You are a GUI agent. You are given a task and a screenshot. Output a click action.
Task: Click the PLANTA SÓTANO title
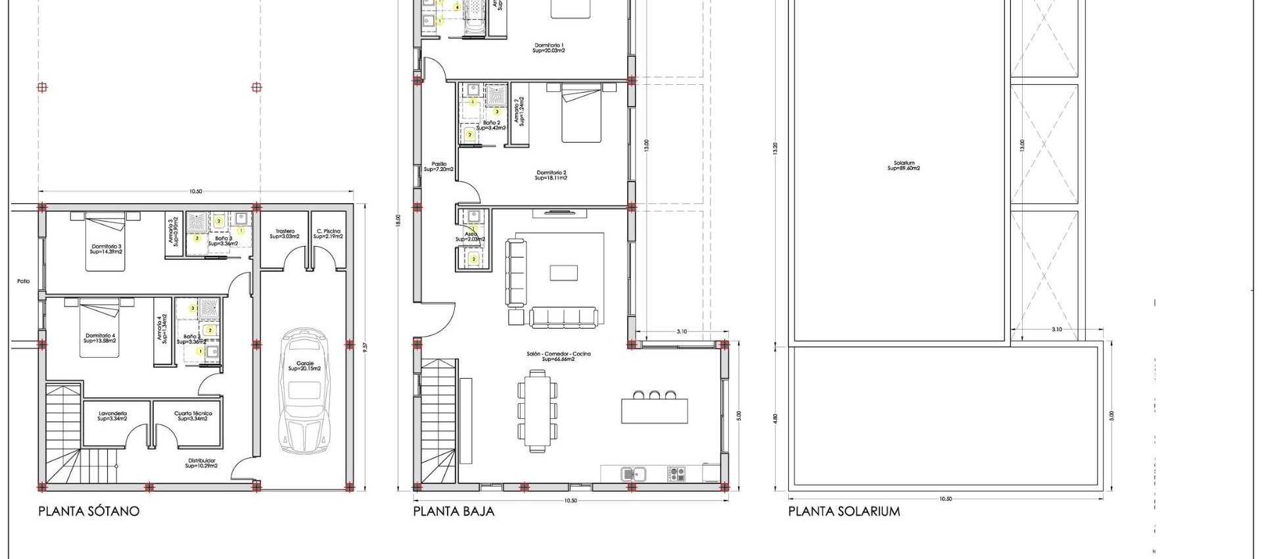[89, 512]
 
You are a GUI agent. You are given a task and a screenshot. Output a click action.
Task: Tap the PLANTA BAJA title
[454, 512]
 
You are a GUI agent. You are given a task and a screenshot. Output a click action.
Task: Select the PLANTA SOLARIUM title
[844, 512]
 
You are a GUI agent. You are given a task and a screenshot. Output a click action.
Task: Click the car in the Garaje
[304, 392]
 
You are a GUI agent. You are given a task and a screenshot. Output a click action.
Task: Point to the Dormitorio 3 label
[106, 249]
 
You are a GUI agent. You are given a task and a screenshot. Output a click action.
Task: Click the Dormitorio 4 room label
[100, 338]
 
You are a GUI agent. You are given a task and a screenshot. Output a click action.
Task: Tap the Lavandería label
[112, 416]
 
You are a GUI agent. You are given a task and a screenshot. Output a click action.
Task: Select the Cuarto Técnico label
[193, 416]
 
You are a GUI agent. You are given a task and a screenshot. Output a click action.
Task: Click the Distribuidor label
[201, 463]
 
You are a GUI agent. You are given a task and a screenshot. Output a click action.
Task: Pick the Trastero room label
[285, 233]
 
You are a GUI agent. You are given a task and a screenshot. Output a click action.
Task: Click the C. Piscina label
[328, 233]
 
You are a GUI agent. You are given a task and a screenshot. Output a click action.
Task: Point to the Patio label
[24, 281]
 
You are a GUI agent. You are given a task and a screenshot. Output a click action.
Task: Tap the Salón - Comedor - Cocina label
[559, 356]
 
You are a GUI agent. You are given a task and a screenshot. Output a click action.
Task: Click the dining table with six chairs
[538, 411]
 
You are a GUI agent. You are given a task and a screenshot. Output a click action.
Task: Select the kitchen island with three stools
[655, 410]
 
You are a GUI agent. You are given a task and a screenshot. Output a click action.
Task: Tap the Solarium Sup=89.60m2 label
[904, 166]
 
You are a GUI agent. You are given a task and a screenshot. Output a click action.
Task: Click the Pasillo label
[439, 166]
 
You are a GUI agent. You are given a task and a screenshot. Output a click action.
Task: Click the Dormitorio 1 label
[549, 47]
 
